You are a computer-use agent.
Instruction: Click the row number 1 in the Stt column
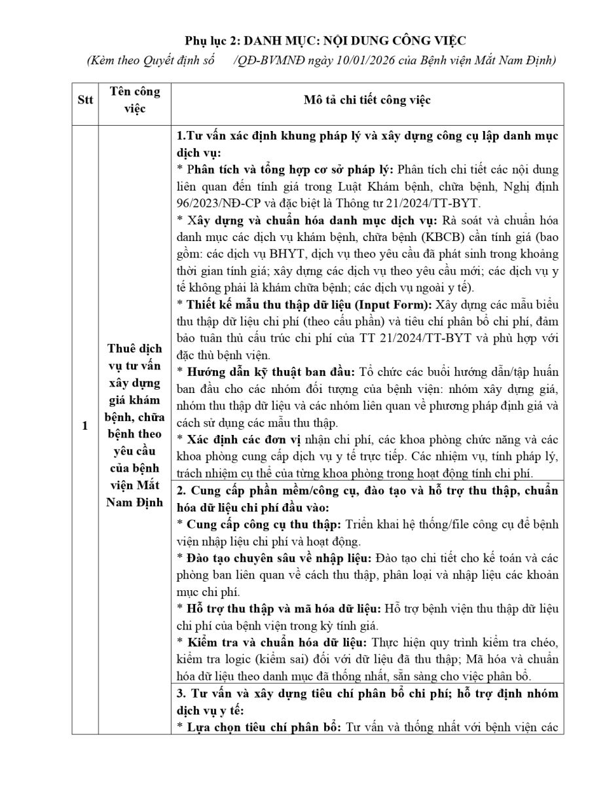coord(85,426)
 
